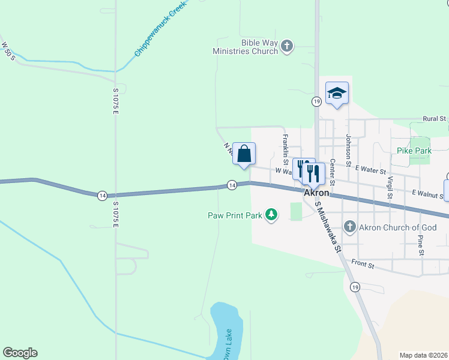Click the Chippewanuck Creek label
point(160,30)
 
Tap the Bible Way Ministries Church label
point(246,47)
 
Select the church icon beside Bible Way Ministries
point(287,46)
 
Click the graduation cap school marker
point(337,93)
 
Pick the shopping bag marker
point(244,154)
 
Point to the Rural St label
point(435,119)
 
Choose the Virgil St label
point(390,187)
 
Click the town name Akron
point(316,193)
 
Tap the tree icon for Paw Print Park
point(272,214)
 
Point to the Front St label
point(363,264)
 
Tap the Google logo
point(20,353)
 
